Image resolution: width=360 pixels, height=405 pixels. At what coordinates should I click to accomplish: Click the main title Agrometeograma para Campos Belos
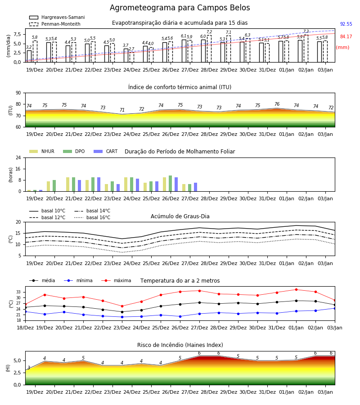pos(180,8)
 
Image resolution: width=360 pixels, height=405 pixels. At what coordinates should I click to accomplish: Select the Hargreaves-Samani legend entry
pos(57,17)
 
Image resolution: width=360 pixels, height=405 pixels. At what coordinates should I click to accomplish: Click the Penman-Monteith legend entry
pos(55,24)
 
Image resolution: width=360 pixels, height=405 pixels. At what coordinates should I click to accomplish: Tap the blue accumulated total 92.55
pos(346,24)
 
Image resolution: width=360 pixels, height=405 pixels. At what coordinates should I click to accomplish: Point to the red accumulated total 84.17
pos(346,37)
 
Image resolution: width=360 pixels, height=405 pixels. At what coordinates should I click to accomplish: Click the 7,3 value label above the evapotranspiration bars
pos(306,31)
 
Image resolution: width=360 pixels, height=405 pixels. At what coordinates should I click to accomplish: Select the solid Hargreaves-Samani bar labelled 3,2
pos(29,56)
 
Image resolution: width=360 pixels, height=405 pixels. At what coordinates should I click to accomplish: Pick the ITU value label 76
pos(277,104)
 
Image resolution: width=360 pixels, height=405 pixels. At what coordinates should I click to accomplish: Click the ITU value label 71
pos(122,110)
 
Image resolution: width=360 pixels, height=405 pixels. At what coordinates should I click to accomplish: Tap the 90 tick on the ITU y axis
pos(18,93)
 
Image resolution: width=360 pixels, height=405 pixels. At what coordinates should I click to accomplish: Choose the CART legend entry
pos(106,151)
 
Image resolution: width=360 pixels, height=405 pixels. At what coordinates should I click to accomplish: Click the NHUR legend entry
pos(42,151)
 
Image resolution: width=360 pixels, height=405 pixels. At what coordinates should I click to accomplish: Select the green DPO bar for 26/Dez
pos(171,184)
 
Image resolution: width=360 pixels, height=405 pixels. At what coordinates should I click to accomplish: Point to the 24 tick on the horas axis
pos(18,158)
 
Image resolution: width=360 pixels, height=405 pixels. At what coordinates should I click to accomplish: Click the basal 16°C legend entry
pos(92,217)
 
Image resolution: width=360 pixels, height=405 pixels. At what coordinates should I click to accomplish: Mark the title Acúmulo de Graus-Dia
pos(180,216)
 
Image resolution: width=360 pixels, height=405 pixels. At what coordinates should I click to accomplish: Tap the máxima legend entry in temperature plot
pos(116,280)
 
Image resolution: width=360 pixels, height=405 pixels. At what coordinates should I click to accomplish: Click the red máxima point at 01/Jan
pos(296,289)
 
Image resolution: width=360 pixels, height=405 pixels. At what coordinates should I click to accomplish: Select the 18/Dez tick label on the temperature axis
pos(25,328)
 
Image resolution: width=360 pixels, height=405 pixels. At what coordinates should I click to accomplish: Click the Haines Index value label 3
pos(29,368)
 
